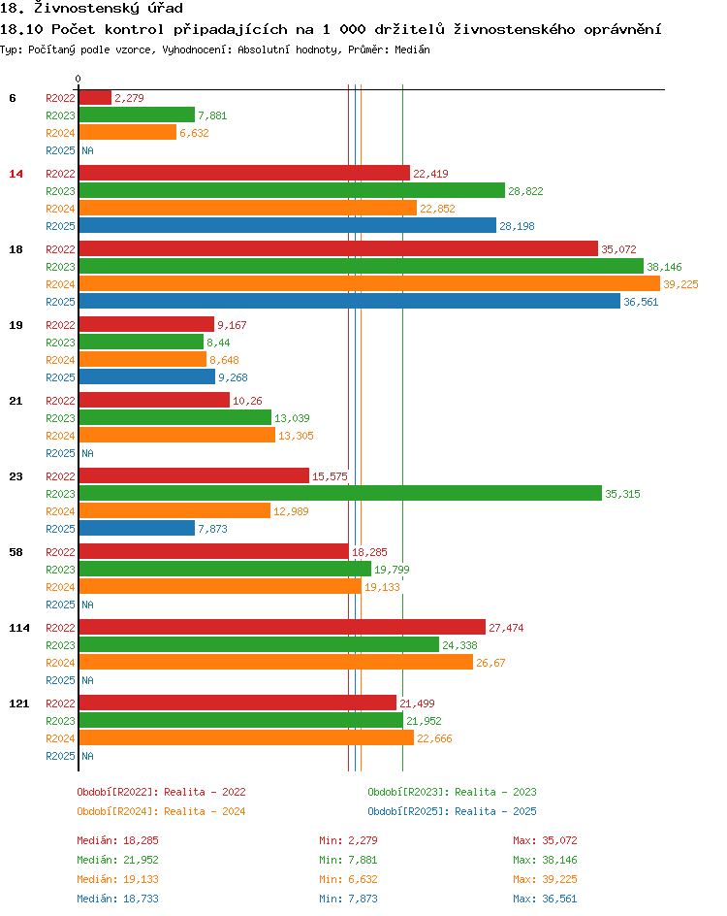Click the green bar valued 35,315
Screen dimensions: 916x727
339,494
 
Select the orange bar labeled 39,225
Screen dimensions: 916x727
368,284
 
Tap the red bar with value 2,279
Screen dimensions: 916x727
95,97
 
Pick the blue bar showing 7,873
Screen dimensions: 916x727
137,529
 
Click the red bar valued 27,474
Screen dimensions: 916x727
282,628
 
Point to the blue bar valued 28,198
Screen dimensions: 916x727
287,226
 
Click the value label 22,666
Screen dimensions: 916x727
434,738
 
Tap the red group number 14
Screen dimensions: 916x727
16,174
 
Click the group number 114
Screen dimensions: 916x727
19,628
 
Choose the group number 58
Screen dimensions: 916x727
16,552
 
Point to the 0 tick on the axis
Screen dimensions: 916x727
79,80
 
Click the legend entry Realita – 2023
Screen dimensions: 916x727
452,792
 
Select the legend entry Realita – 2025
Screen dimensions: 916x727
452,811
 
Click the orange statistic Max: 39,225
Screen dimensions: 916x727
545,879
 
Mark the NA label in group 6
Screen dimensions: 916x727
87,150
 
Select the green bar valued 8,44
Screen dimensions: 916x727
141,343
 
